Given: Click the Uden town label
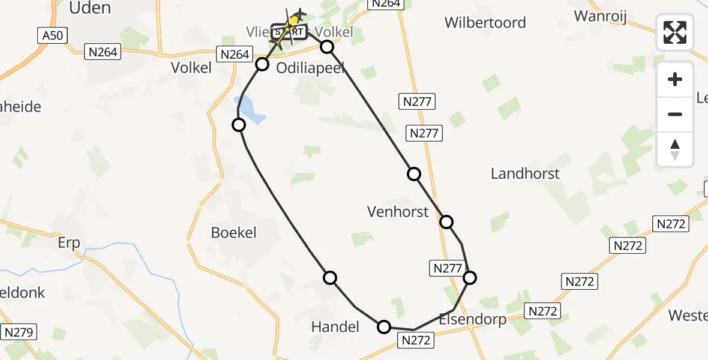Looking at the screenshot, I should click(90, 8).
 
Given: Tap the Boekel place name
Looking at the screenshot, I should click(233, 232).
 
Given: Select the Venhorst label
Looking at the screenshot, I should click(398, 211).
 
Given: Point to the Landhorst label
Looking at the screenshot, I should click(525, 174).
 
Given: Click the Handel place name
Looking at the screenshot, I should click(335, 326).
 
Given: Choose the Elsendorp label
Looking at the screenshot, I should click(472, 319).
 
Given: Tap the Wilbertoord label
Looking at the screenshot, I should click(485, 23).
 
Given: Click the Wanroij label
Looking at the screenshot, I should click(600, 16).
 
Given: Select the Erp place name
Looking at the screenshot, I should click(69, 244).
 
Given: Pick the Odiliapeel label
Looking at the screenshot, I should click(310, 68).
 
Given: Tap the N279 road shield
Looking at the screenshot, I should click(20, 332).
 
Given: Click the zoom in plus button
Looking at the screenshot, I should click(675, 79).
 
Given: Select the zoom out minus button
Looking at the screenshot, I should click(675, 114).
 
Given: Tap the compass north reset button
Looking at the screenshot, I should click(675, 149).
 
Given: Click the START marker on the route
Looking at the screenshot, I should click(289, 31).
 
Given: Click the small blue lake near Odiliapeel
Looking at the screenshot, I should click(252, 111).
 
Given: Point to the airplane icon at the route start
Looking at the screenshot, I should click(298, 15).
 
